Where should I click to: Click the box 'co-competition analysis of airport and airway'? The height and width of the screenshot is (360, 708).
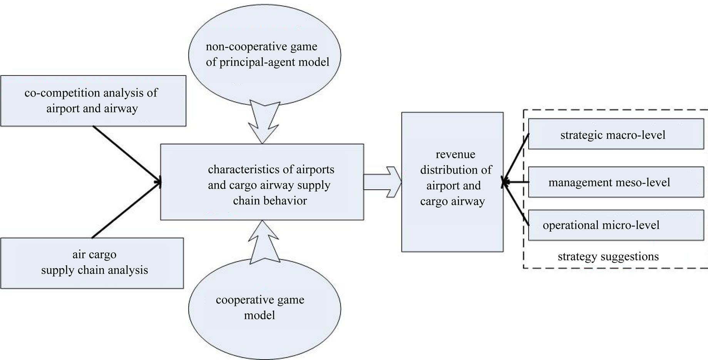93,100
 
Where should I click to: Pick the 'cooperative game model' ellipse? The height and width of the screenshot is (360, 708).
264,308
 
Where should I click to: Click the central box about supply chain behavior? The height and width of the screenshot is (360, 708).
262,182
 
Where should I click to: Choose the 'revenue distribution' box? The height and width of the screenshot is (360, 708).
452,182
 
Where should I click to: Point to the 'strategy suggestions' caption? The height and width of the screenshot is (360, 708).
608,257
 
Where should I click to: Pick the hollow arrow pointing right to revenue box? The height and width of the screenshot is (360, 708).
382,182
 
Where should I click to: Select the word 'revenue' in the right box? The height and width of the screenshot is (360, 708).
455,154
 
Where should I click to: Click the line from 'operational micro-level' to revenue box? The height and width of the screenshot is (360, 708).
516,204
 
